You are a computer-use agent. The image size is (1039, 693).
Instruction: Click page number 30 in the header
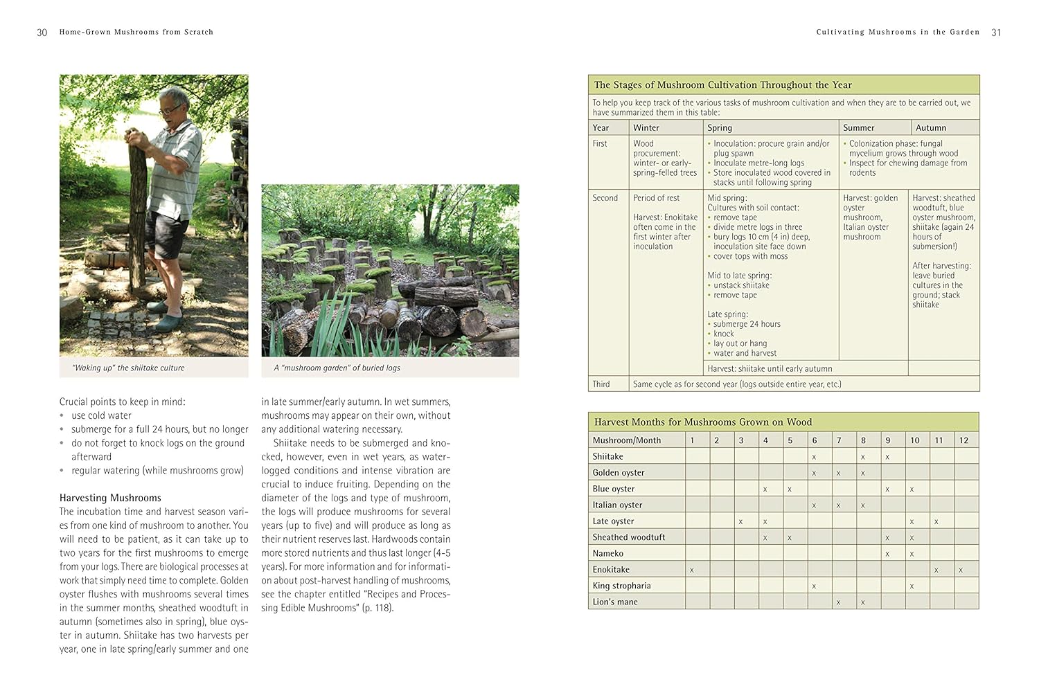(42, 33)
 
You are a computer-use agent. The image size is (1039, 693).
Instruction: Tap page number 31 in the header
(996, 33)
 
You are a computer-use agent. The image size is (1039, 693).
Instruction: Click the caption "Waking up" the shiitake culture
(128, 368)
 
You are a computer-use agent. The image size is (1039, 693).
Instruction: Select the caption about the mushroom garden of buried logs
(337, 368)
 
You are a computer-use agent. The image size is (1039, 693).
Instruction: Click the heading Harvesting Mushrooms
(110, 498)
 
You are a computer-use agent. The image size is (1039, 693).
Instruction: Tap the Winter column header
(646, 128)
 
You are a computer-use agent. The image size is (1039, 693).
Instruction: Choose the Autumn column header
(930, 128)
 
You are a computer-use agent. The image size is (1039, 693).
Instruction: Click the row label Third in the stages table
(601, 384)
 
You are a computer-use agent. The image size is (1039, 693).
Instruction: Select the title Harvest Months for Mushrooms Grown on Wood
(702, 422)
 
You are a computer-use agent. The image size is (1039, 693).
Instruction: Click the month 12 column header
(963, 440)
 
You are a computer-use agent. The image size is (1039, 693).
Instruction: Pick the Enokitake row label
(611, 570)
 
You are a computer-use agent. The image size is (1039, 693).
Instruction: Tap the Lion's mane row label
(615, 602)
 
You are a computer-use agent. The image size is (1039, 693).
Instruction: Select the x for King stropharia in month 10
(912, 586)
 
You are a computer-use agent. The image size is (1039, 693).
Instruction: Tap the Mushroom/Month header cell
(627, 440)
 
